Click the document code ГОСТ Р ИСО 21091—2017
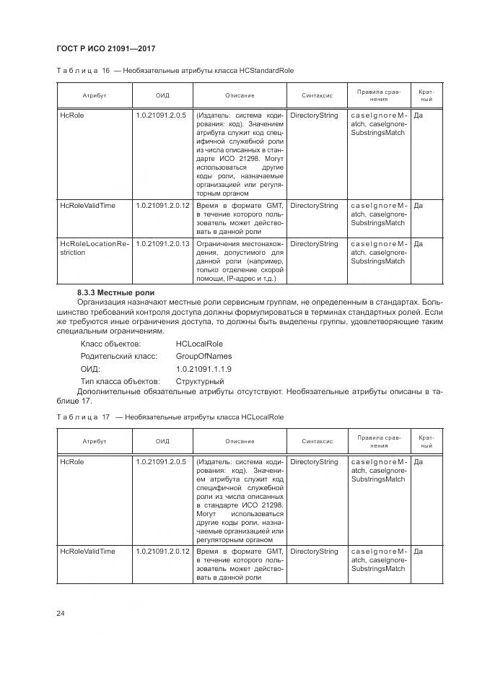pyautogui.click(x=105, y=48)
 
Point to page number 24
pyautogui.click(x=61, y=614)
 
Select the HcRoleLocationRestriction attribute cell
pyautogui.click(x=93, y=248)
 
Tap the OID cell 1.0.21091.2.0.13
pyautogui.click(x=162, y=244)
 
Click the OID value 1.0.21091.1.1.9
pyautogui.click(x=204, y=369)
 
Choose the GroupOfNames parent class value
pyautogui.click(x=204, y=357)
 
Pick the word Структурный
pyautogui.click(x=199, y=381)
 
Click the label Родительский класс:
pyautogui.click(x=119, y=357)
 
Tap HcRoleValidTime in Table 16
pyautogui.click(x=87, y=206)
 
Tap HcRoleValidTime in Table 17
pyautogui.click(x=87, y=552)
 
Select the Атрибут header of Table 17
pyautogui.click(x=94, y=441)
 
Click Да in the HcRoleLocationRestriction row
pyautogui.click(x=419, y=244)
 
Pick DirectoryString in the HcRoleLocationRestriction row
pyautogui.click(x=313, y=244)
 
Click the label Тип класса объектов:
pyautogui.click(x=119, y=381)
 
